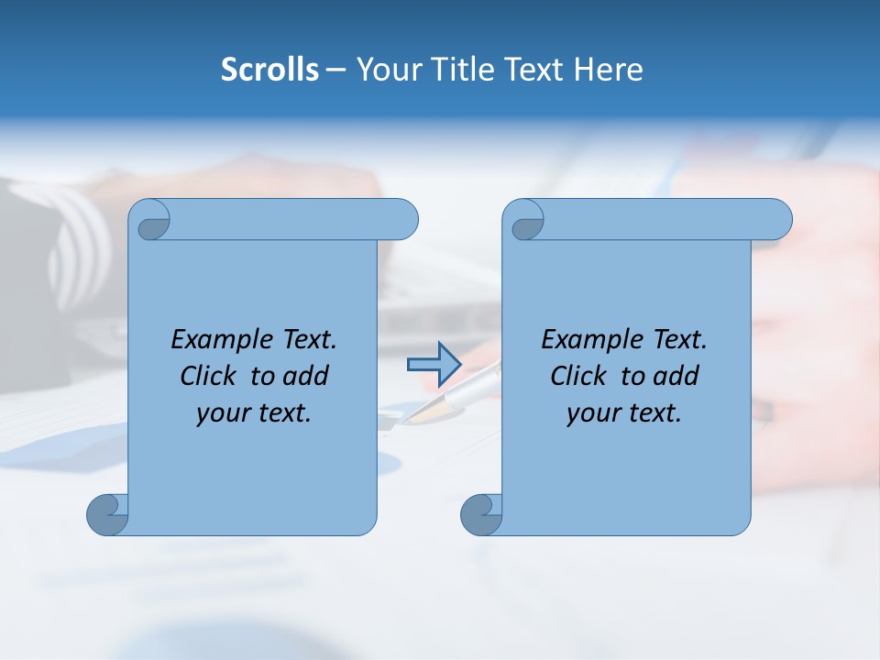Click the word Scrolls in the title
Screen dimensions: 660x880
tap(269, 70)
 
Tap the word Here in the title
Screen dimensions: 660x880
tap(608, 70)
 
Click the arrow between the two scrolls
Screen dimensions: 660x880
tap(434, 365)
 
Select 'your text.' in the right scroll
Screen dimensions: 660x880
tap(624, 413)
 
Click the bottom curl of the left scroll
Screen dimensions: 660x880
tap(106, 514)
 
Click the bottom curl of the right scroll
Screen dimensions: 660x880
tap(480, 514)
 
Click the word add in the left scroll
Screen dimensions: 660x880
tap(306, 377)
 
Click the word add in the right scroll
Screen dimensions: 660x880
tap(676, 377)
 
